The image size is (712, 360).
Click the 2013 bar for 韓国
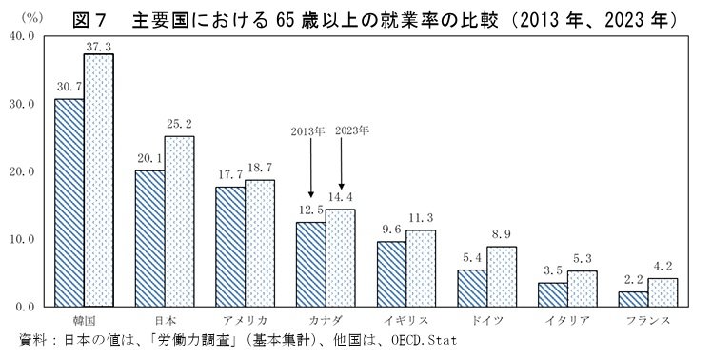(69, 202)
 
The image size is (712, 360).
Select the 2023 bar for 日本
(179, 221)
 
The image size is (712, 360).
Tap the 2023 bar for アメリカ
(260, 243)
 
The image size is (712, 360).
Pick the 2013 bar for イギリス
(392, 273)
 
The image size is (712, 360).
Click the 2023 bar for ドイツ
(502, 276)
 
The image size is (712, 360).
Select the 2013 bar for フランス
(634, 298)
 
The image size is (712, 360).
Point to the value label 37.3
(98, 46)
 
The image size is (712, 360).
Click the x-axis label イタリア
(567, 321)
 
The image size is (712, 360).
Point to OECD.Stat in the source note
(417, 340)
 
